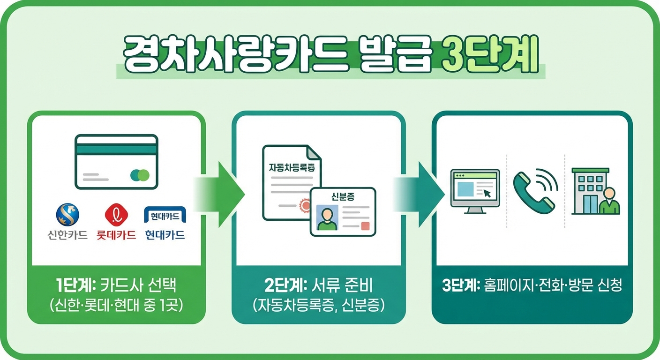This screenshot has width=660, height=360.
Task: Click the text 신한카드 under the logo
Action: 67,235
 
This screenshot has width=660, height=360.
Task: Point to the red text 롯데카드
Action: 116,235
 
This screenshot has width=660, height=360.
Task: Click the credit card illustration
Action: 116,162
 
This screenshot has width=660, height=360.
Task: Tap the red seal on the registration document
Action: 305,205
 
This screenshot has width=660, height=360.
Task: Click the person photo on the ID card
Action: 327,217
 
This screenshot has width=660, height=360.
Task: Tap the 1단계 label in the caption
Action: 70,286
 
